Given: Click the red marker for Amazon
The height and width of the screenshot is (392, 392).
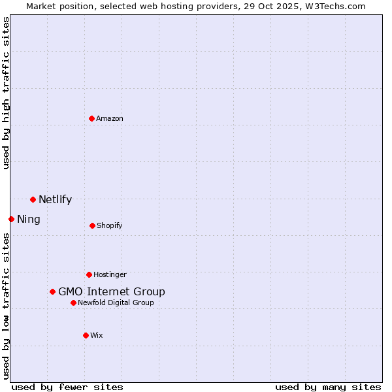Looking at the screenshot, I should click(91, 118).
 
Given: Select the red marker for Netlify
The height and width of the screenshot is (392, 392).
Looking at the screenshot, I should click(33, 199).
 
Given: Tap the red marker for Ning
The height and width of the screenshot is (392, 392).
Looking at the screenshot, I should click(11, 219).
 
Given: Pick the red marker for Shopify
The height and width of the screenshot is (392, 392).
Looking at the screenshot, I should click(92, 225).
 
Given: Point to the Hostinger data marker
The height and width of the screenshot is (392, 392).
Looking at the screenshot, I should click(89, 274).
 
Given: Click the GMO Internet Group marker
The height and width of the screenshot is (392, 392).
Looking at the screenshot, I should click(52, 291).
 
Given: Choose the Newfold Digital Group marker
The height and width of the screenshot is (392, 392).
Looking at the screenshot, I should click(73, 302).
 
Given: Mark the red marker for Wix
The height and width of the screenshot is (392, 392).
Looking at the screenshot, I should click(86, 335).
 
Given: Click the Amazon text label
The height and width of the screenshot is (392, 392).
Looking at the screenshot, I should click(110, 118).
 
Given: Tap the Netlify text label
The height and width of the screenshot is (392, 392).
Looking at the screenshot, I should click(55, 199).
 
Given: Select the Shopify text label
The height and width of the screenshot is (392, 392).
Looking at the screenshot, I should click(110, 225).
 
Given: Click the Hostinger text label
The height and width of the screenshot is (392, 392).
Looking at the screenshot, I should click(110, 274).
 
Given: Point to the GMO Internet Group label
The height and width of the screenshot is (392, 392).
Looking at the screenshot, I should click(112, 291).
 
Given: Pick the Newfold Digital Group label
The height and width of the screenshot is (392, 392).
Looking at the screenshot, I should click(116, 302).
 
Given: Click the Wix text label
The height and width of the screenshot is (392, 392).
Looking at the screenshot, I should click(97, 335).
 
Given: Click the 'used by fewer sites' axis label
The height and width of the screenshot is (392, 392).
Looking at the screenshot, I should click(67, 387).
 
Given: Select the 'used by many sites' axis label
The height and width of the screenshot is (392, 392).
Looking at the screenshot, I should click(328, 387).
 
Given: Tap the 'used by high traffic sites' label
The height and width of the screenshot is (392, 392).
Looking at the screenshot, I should click(7, 93).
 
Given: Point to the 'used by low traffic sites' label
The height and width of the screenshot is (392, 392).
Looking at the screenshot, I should click(7, 306).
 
